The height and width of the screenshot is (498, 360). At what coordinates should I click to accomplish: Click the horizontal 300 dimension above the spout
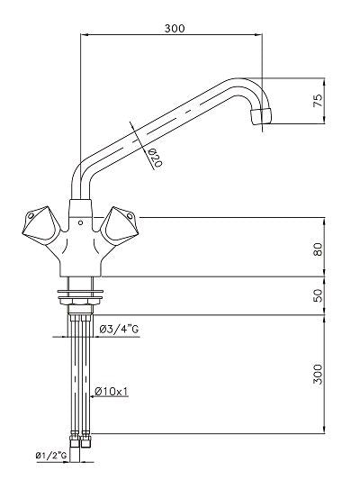(175, 28)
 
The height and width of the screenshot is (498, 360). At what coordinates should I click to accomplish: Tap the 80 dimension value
(317, 247)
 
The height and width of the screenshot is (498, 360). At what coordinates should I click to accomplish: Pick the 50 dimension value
(317, 296)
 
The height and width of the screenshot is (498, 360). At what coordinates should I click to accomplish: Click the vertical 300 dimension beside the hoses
(317, 375)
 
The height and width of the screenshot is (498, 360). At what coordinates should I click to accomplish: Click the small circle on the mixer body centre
(80, 217)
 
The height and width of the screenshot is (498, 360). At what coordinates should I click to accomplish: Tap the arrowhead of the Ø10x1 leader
(91, 391)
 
